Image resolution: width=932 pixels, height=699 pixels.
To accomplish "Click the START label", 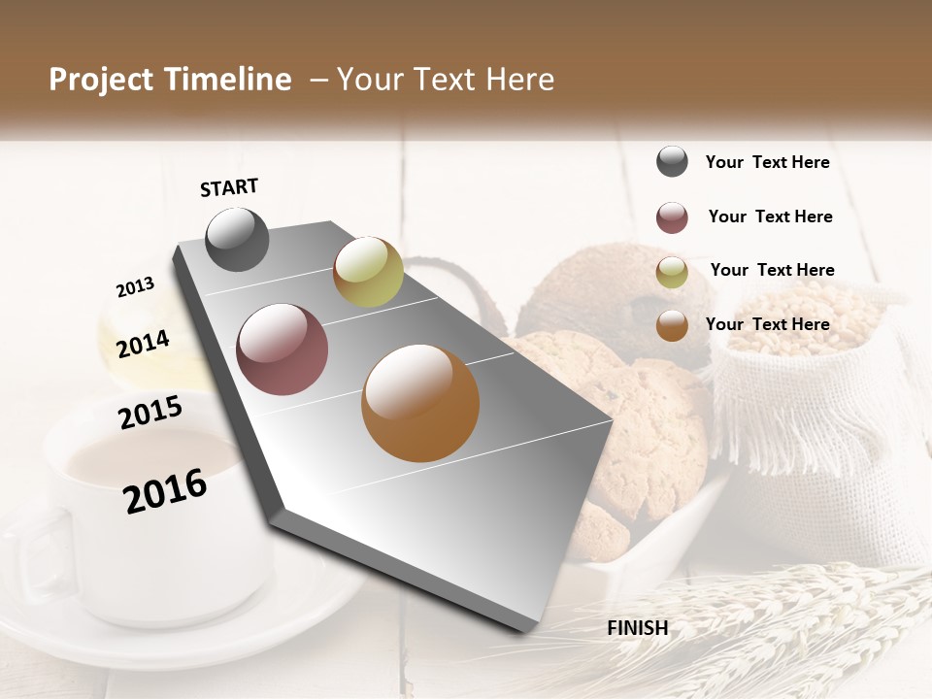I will (229, 187).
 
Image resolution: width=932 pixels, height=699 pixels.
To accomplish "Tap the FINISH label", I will (637, 628).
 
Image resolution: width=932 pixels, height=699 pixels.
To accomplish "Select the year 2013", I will (135, 286).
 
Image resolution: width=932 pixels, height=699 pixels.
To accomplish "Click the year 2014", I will (143, 344).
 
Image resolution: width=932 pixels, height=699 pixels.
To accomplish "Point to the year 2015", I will (150, 413).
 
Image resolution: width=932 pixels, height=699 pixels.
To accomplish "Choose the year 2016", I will (166, 491).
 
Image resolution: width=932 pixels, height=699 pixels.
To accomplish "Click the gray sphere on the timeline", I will (238, 239).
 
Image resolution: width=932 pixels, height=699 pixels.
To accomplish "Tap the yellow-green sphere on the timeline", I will (368, 272).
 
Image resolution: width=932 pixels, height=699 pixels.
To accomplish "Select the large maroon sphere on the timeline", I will (283, 349).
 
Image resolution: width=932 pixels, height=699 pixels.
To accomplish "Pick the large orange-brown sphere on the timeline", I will (420, 403).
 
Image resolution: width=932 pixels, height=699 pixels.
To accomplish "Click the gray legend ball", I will (672, 161).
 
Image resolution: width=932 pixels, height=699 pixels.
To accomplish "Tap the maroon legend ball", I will (672, 217).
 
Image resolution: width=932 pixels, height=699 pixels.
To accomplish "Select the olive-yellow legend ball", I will (672, 272).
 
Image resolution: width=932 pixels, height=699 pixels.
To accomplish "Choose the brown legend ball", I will (672, 325).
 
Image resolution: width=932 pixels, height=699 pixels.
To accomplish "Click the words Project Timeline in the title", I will (170, 80).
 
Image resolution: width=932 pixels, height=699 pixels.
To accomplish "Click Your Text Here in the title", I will (446, 80).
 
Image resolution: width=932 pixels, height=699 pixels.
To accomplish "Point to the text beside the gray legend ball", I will (767, 162).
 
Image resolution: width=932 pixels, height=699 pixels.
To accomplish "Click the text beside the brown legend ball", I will (767, 324).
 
